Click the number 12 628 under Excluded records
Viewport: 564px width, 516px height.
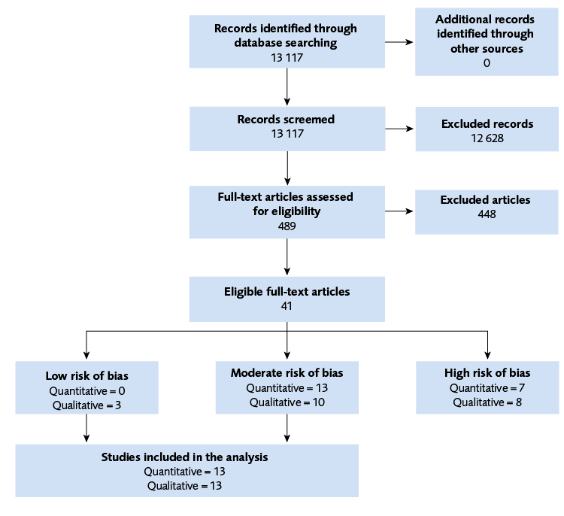click(x=487, y=138)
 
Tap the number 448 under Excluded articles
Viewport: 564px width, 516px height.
click(x=487, y=214)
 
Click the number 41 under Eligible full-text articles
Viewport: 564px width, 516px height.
click(x=287, y=306)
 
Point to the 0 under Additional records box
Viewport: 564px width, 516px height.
click(x=487, y=62)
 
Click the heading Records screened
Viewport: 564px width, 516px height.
click(x=286, y=120)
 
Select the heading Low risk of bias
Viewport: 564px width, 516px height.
click(x=87, y=375)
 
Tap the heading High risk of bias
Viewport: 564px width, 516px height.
click(x=487, y=373)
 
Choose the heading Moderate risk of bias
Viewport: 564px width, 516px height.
click(x=287, y=373)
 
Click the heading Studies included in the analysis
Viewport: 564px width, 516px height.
click(x=185, y=457)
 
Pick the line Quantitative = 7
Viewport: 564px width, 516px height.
click(x=487, y=388)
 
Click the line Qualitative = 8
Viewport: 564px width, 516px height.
click(x=487, y=402)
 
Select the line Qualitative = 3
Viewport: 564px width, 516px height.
click(x=87, y=405)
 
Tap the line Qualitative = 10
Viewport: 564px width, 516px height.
click(x=287, y=402)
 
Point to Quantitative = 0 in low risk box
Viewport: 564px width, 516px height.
click(x=87, y=390)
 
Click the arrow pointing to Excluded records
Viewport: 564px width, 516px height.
click(x=399, y=129)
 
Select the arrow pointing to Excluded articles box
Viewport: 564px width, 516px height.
click(x=399, y=212)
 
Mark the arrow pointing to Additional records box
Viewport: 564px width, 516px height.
click(x=399, y=42)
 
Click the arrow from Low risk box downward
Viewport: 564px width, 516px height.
click(x=87, y=429)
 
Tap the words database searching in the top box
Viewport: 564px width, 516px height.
click(x=286, y=43)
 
